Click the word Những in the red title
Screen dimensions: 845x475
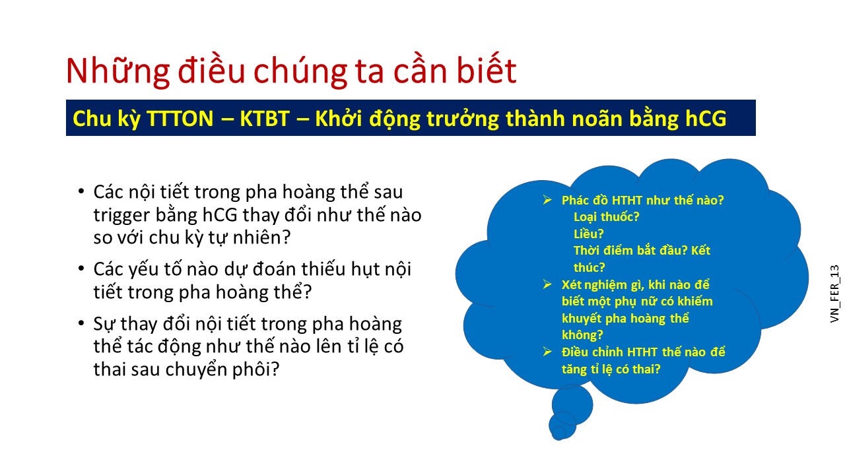(118, 71)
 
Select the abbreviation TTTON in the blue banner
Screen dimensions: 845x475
(180, 118)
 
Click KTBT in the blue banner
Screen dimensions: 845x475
(265, 118)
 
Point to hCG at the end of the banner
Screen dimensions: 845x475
(706, 118)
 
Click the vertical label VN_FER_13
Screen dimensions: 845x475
(834, 294)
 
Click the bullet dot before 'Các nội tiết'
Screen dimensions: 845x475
(81, 191)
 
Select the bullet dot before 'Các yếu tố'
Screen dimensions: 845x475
(81, 269)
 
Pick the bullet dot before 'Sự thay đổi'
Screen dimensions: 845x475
(81, 323)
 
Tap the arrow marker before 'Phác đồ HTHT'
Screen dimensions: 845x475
(547, 200)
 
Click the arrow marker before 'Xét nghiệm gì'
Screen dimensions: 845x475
(547, 284)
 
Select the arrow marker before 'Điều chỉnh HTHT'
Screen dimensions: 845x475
(547, 352)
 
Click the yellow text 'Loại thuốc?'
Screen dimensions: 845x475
(606, 217)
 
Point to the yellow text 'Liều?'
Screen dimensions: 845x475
(588, 234)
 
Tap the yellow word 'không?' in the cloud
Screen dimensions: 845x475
(582, 334)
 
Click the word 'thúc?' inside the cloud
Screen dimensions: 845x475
(590, 267)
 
